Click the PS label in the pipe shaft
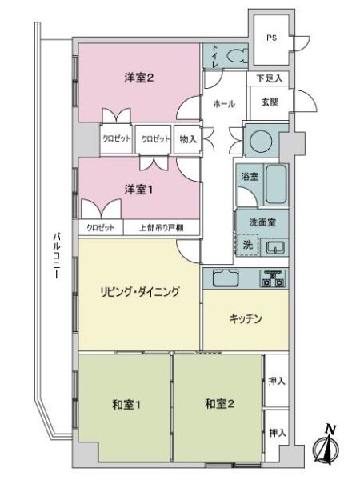271,38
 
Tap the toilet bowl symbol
238,55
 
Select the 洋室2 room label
138,78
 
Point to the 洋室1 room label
138,190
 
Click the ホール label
224,104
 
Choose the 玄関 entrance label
270,102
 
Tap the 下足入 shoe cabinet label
269,78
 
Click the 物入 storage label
188,139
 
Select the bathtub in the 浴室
276,184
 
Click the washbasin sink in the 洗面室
275,246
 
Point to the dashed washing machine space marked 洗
247,245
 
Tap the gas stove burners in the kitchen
272,278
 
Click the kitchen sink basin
226,278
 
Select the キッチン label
246,318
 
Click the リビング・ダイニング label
139,291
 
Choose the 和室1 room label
126,405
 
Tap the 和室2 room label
219,404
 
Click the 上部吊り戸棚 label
162,228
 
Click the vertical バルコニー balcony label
56,256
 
